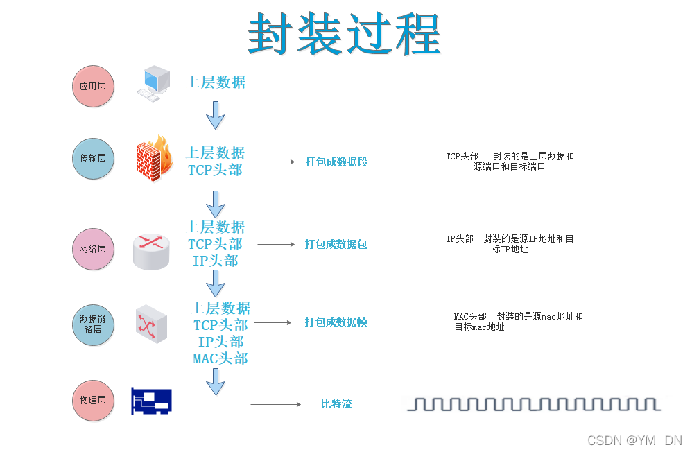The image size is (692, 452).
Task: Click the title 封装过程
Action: [x=345, y=34]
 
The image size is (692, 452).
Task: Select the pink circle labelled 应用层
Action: [x=93, y=87]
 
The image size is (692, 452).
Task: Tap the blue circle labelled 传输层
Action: [x=93, y=158]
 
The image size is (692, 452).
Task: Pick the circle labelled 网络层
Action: [x=93, y=248]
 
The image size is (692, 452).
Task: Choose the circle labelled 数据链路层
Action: [x=93, y=324]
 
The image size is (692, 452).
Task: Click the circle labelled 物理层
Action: [x=93, y=400]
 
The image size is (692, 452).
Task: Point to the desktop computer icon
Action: [x=153, y=83]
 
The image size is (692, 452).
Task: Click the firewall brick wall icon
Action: [x=153, y=159]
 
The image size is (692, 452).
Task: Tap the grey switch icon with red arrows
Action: [x=151, y=323]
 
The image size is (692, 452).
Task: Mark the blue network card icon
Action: [x=151, y=401]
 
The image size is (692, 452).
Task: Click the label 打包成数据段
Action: [x=336, y=162]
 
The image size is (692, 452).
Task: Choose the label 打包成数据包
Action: [x=336, y=245]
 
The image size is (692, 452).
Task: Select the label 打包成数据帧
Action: [x=336, y=322]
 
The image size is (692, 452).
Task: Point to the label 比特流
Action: [x=336, y=404]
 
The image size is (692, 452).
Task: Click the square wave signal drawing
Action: [x=533, y=404]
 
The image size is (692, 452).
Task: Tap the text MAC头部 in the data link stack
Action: [x=220, y=358]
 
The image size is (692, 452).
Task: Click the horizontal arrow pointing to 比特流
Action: [x=275, y=404]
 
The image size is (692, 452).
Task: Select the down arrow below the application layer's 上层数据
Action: [x=216, y=114]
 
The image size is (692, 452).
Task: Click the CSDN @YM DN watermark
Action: [x=634, y=440]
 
